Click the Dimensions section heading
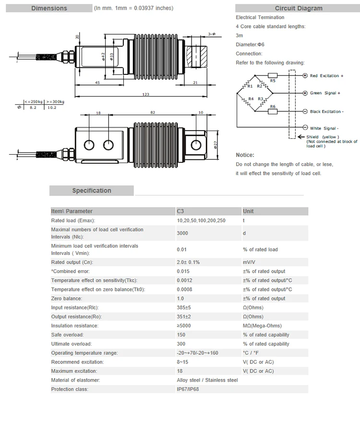click(49, 8)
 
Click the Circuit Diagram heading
click(299, 8)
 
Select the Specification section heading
click(91, 191)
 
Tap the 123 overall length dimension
click(146, 94)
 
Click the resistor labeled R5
click(272, 75)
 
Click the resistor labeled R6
click(272, 111)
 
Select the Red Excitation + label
click(327, 76)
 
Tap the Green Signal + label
click(325, 93)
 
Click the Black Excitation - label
click(326, 111)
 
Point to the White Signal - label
click(324, 128)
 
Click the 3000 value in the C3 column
click(182, 232)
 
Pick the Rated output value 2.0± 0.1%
click(188, 262)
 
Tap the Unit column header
click(249, 211)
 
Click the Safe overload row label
click(67, 335)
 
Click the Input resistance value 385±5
click(184, 308)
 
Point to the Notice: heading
click(245, 155)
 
